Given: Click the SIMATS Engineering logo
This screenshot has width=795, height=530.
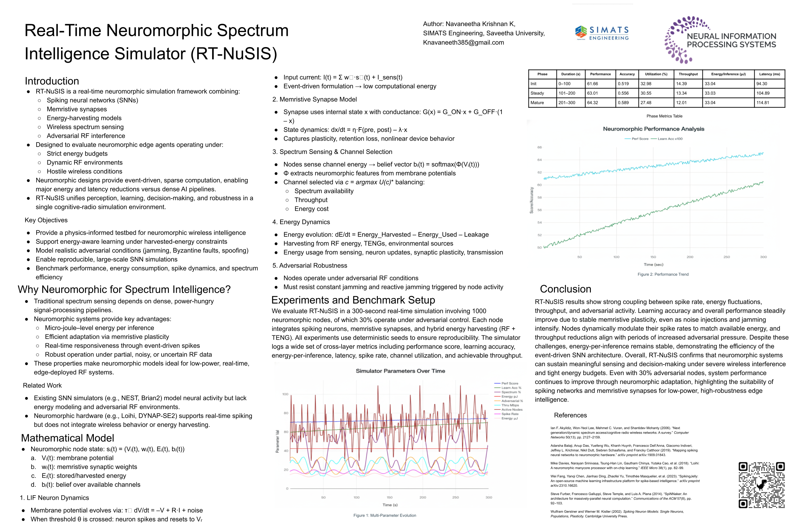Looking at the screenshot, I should click(601, 33).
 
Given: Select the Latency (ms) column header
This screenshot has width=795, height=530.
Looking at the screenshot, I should click(769, 74).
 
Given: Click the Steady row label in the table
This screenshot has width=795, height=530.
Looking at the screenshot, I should click(537, 93).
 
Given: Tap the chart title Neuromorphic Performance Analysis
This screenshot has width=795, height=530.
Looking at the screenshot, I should click(653, 129).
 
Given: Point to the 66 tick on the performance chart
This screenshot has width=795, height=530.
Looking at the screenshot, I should click(539, 147).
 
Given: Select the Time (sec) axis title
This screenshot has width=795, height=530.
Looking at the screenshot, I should click(653, 264).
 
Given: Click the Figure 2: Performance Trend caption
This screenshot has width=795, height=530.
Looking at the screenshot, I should click(663, 274).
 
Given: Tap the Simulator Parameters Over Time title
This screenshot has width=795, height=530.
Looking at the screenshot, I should click(400, 371).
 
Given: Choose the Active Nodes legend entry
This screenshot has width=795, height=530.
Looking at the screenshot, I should click(512, 409).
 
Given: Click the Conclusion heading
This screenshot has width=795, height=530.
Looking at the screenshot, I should click(565, 289).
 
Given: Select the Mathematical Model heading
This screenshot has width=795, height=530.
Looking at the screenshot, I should click(67, 438).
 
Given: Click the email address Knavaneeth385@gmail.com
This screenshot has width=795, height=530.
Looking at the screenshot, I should click(463, 43).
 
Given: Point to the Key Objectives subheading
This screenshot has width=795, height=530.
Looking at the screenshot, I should click(46, 220).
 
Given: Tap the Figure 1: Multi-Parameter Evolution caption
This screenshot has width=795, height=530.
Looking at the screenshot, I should click(384, 515).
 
